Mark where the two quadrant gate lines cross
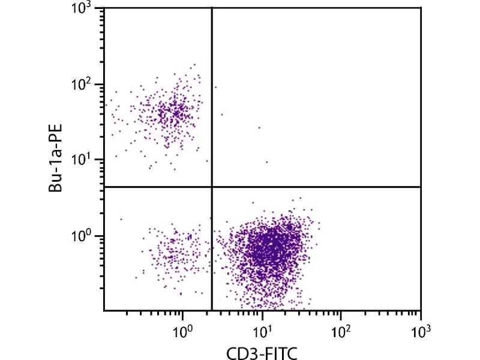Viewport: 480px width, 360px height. (212, 187)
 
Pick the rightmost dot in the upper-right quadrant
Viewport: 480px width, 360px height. (266, 162)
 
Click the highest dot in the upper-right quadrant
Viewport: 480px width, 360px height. (215, 87)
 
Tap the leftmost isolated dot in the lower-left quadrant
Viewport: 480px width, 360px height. (121, 219)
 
